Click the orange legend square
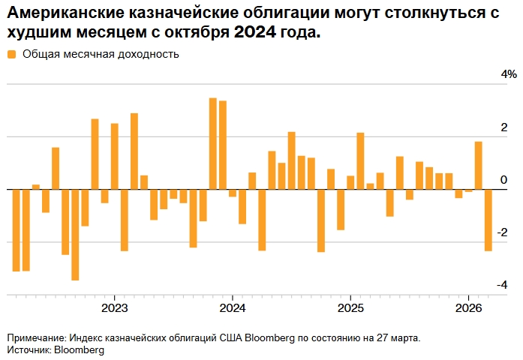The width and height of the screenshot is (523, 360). click(x=11, y=54)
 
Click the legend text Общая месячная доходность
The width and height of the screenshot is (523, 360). click(x=101, y=54)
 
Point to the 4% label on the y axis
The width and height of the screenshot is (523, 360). click(x=509, y=74)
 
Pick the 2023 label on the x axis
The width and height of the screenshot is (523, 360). click(x=114, y=307)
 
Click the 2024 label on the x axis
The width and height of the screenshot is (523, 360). click(x=233, y=307)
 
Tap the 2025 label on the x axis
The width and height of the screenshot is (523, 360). click(x=350, y=307)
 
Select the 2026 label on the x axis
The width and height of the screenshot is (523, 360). click(x=468, y=307)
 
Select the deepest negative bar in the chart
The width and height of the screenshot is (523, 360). click(x=75, y=235)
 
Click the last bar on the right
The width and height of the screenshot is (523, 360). click(x=488, y=220)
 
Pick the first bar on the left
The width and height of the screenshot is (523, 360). click(x=17, y=229)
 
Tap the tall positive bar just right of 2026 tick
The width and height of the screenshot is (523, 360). click(x=478, y=165)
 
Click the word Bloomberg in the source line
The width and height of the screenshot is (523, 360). click(x=79, y=349)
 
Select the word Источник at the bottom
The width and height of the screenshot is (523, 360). click(x=28, y=349)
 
